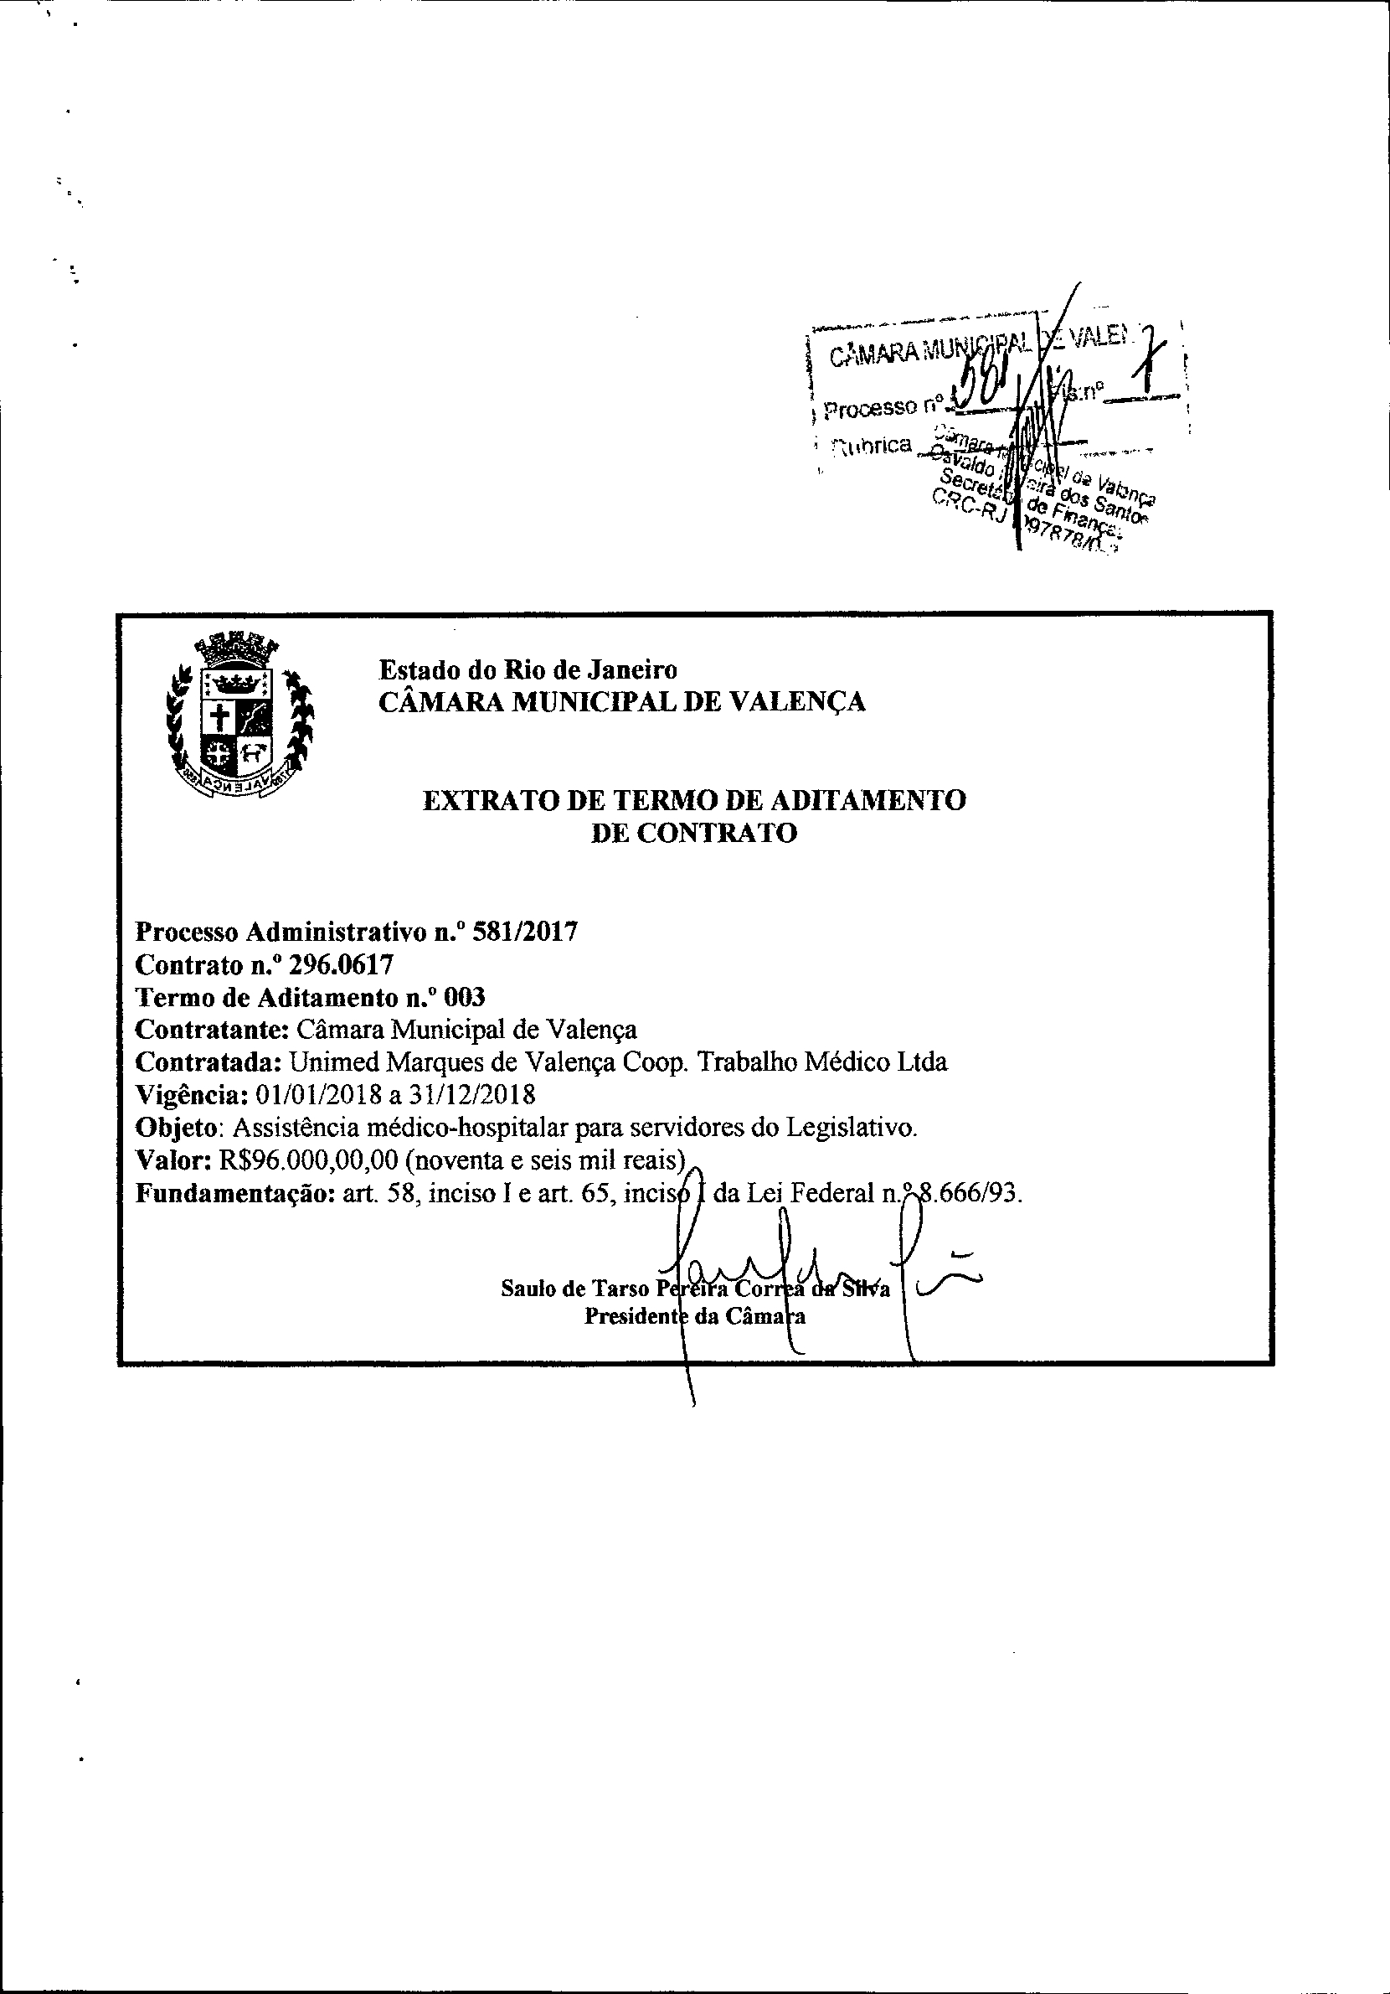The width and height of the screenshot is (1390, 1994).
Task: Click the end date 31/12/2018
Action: (x=472, y=1093)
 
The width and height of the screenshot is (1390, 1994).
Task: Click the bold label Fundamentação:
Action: (x=235, y=1193)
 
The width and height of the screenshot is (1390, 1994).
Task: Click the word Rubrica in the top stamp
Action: (x=873, y=447)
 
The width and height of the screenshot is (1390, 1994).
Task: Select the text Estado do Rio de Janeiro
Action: (x=528, y=669)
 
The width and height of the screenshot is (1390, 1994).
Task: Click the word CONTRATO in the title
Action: (x=717, y=833)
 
